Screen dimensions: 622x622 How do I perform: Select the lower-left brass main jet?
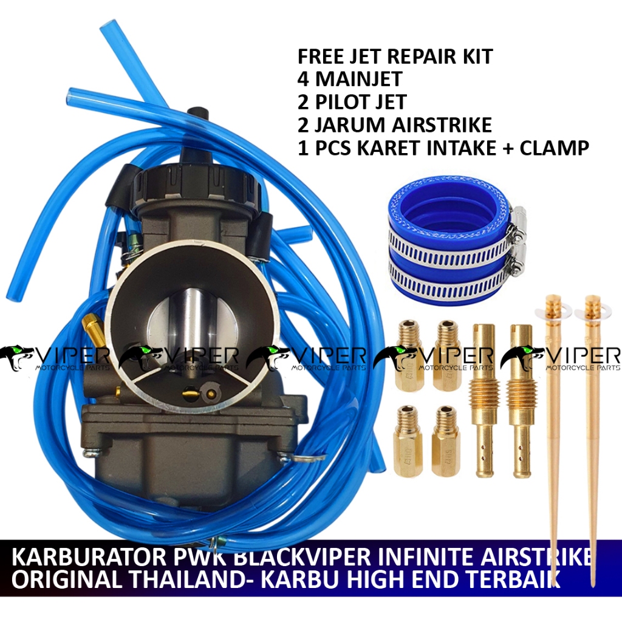coord(408,432)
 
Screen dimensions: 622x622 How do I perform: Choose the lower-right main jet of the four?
coord(446,432)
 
